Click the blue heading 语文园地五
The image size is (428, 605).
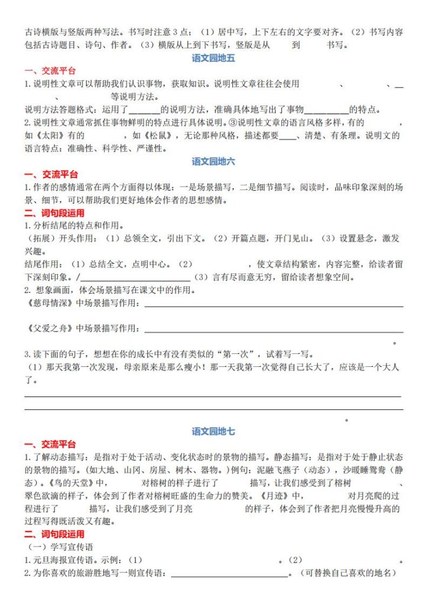coord(213,58)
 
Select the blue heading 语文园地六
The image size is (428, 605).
coord(213,161)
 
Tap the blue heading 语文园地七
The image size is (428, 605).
coord(213,432)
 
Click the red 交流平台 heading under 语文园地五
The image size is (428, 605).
coord(50,71)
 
